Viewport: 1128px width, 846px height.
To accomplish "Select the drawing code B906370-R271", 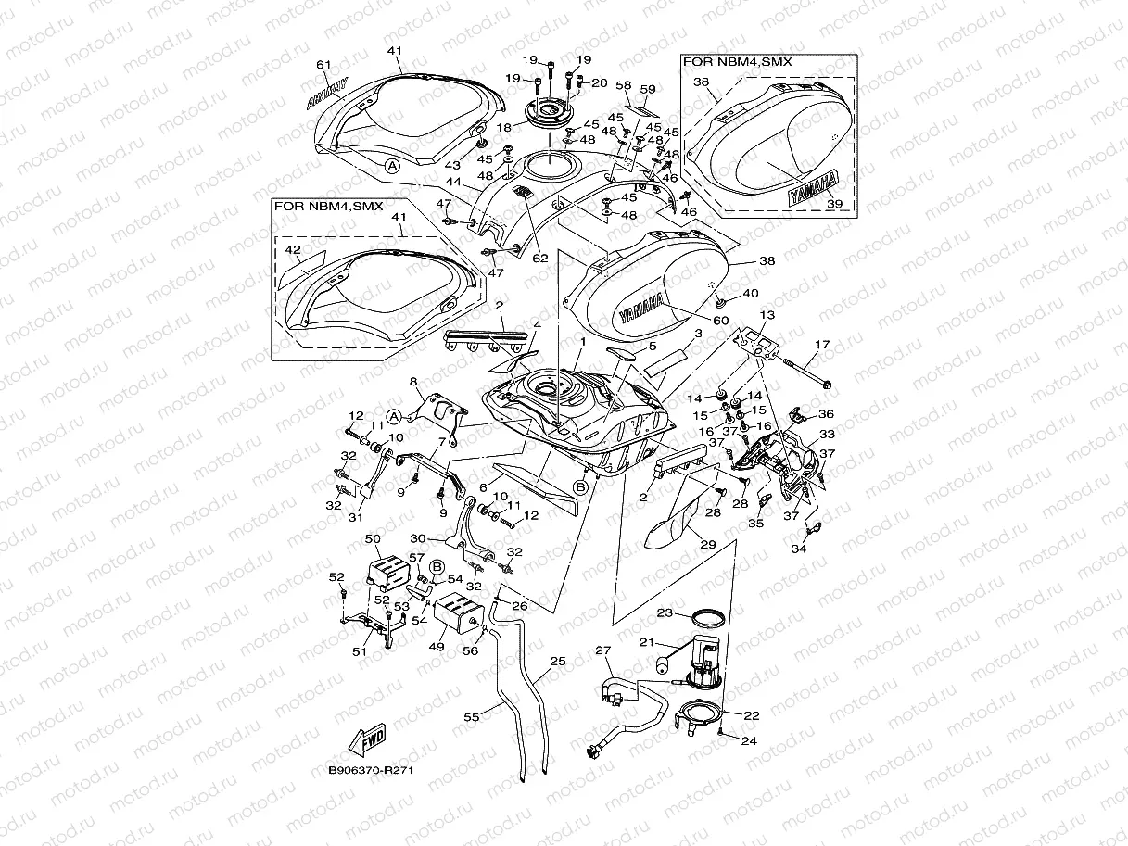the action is click(370, 770).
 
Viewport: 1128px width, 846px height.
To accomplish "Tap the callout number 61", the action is click(323, 64).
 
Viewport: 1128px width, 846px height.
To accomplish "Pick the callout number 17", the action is click(821, 346).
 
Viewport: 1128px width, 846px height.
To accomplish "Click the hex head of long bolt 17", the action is click(827, 383).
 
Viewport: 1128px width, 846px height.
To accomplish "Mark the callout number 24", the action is click(749, 740).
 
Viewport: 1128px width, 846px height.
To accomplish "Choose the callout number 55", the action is click(473, 716).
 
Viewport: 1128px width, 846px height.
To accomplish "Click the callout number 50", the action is click(374, 538).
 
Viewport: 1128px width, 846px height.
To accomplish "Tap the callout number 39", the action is click(833, 204).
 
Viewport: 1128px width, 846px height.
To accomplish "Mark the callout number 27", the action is click(604, 650).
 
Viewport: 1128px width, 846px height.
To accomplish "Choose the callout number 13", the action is click(767, 315).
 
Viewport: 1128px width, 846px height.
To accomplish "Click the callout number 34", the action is click(798, 549).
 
